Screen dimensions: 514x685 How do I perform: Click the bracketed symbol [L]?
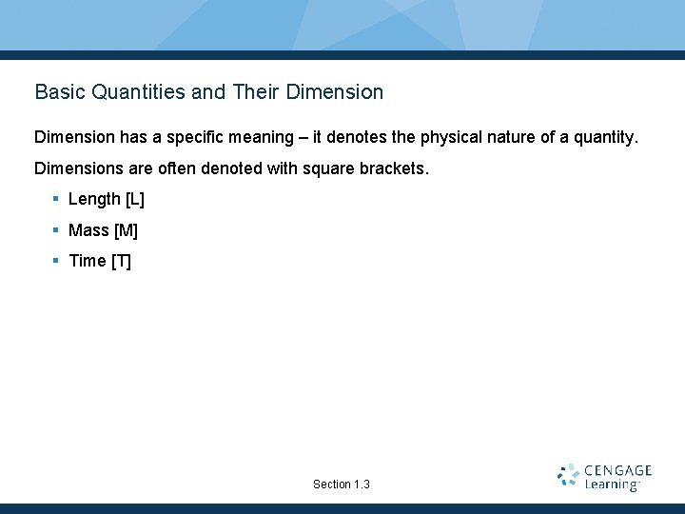(134, 199)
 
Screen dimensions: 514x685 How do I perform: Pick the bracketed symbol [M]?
(126, 230)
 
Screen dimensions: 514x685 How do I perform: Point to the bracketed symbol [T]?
(121, 261)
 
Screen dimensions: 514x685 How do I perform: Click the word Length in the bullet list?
(94, 199)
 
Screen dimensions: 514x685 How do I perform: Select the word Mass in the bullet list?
(88, 230)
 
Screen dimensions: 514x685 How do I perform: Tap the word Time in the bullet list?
(87, 261)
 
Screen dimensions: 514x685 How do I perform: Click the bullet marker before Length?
(56, 199)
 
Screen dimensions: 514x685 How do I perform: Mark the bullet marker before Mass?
(56, 230)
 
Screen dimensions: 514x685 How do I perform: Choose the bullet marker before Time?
(56, 261)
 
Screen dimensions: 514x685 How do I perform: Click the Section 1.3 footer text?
(341, 484)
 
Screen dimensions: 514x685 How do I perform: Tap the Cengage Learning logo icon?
(568, 476)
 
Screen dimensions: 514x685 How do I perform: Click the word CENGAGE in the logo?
(617, 470)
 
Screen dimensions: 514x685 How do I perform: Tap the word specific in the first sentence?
(182, 137)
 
